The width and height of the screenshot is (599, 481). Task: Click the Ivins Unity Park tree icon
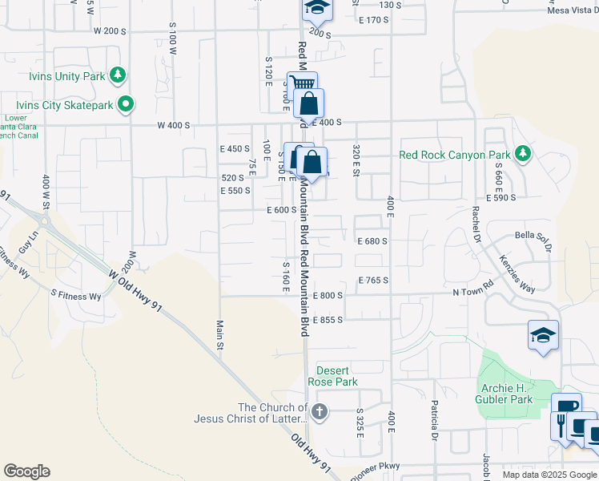(119, 75)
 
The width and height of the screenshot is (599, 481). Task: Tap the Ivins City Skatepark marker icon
(126, 104)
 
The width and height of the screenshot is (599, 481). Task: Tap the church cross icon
(319, 413)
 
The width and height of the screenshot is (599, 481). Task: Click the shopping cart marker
(302, 83)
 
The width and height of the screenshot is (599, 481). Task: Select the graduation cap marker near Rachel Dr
(543, 335)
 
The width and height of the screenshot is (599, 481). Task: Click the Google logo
(26, 471)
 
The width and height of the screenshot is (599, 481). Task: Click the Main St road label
(219, 334)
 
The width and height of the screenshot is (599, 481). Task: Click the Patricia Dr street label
(434, 421)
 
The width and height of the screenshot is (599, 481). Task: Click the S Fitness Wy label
(76, 296)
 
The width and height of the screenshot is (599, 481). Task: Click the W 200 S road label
(110, 30)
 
